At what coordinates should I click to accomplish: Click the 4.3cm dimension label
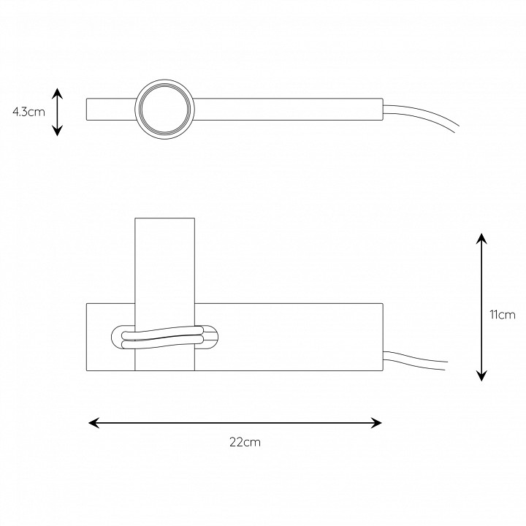pyautogui.click(x=28, y=112)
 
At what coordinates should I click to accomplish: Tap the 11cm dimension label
pyautogui.click(x=502, y=315)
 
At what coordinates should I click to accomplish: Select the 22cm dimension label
pyautogui.click(x=245, y=442)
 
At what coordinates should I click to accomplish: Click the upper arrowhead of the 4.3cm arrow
pyautogui.click(x=58, y=93)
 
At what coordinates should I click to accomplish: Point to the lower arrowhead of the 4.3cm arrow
pyautogui.click(x=58, y=131)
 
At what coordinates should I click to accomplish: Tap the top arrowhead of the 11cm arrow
pyautogui.click(x=481, y=238)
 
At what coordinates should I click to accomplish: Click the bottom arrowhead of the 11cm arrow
pyautogui.click(x=481, y=376)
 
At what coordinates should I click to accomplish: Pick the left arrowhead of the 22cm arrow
pyautogui.click(x=94, y=423)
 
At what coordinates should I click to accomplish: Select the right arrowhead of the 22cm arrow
pyautogui.click(x=376, y=423)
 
